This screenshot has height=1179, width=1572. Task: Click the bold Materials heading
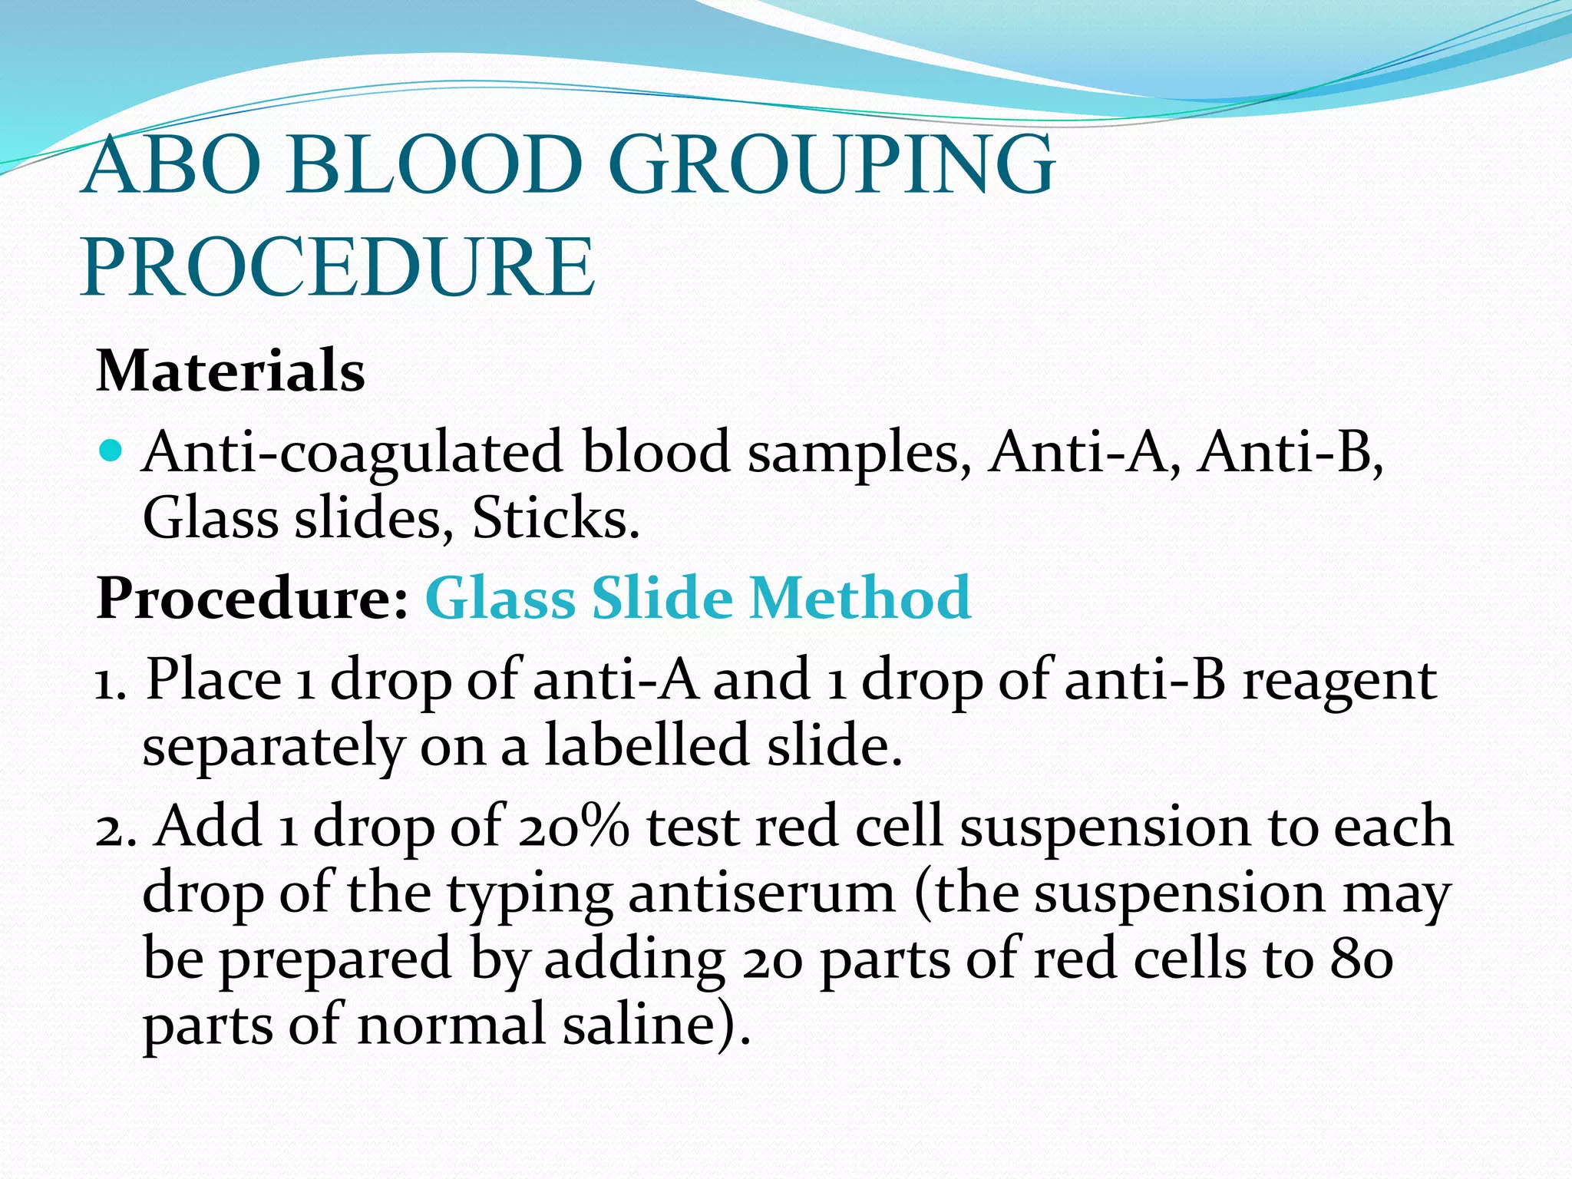230,371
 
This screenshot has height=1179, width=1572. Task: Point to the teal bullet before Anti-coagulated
111,451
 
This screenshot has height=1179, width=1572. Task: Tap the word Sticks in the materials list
554,518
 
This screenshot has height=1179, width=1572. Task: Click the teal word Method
860,598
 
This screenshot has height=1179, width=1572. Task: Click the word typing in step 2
530,895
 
